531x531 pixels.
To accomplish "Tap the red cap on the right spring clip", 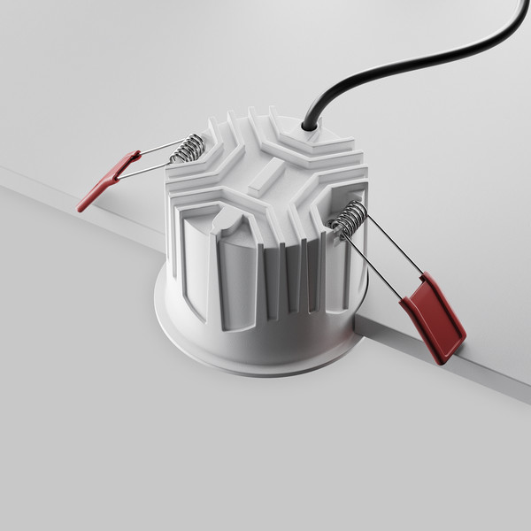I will coord(434,319).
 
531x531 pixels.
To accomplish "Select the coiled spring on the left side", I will coord(188,148).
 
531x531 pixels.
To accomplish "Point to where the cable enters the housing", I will coord(309,127).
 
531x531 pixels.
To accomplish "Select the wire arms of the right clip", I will coord(389,257).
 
